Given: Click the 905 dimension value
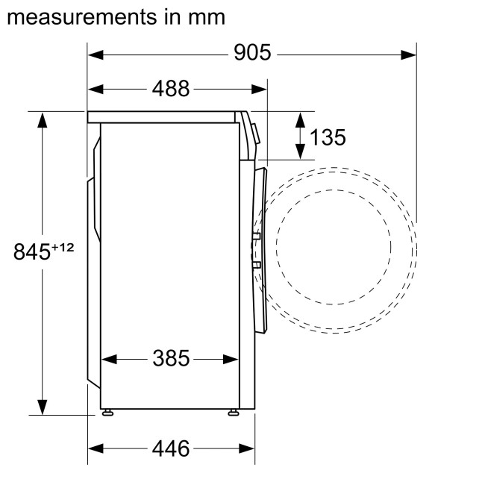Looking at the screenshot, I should tap(251, 53).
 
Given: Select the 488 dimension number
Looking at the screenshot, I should tap(171, 89).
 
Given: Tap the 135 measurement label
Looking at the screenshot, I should tap(328, 137).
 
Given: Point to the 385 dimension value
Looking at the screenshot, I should tap(171, 359).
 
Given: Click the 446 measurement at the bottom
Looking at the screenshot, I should tap(171, 448).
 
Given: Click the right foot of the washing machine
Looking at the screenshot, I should tap(234, 411).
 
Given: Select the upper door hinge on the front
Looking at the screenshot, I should tap(256, 237).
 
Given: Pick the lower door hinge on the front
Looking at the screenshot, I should tap(256, 264).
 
